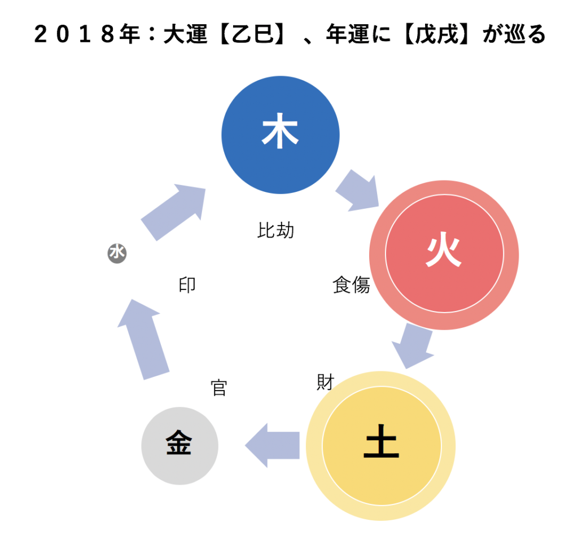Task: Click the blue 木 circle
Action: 280,135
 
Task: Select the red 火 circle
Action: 444,255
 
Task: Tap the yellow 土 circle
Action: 381,446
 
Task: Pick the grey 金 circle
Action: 179,446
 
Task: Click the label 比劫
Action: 276,230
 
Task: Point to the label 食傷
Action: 351,286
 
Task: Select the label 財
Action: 325,382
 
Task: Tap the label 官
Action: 218,388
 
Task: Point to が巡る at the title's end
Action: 514,35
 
